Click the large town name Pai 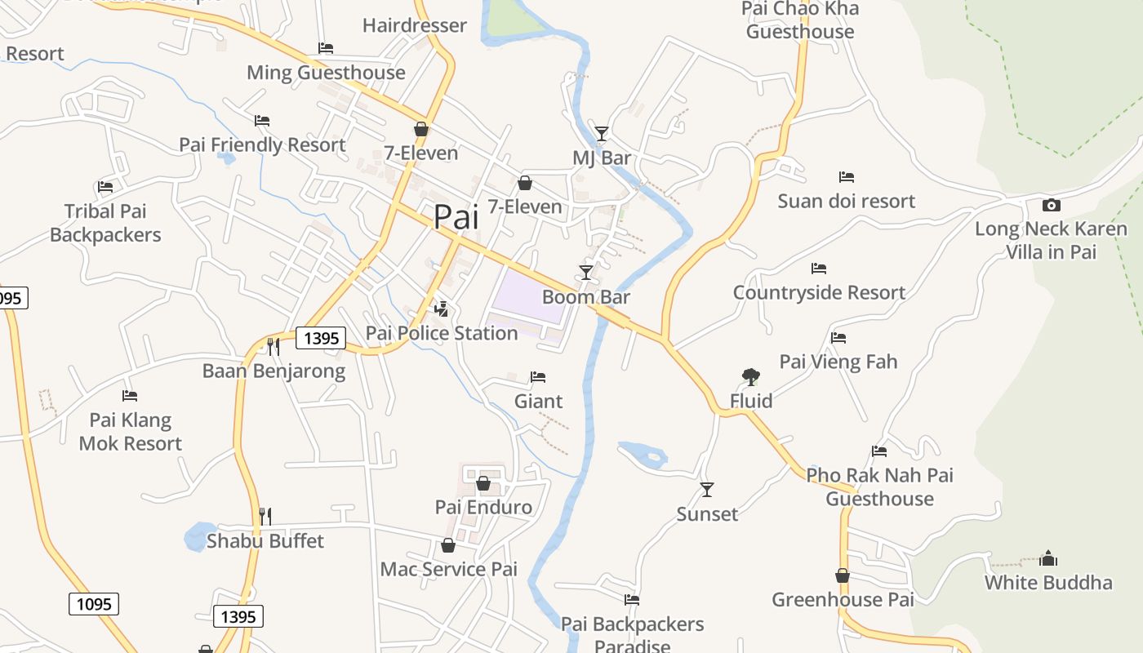coord(456,217)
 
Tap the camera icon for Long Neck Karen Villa coord(1052,205)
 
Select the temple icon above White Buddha coord(1048,559)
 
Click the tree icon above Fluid coord(751,376)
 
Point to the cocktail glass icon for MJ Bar coord(602,133)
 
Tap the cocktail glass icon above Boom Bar coord(586,273)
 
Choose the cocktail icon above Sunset coord(707,490)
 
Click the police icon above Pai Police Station coord(442,309)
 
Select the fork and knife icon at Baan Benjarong coord(274,347)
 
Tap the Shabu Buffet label coord(265,541)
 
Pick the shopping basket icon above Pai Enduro coord(483,483)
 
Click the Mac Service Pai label coord(449,570)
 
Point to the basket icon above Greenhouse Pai coord(843,575)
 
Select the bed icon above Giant coord(538,377)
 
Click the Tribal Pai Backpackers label coord(105,223)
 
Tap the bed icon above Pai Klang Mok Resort coord(130,396)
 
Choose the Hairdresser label coord(415,25)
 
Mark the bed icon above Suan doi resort coord(847,177)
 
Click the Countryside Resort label coord(819,292)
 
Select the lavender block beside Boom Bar coord(527,295)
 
